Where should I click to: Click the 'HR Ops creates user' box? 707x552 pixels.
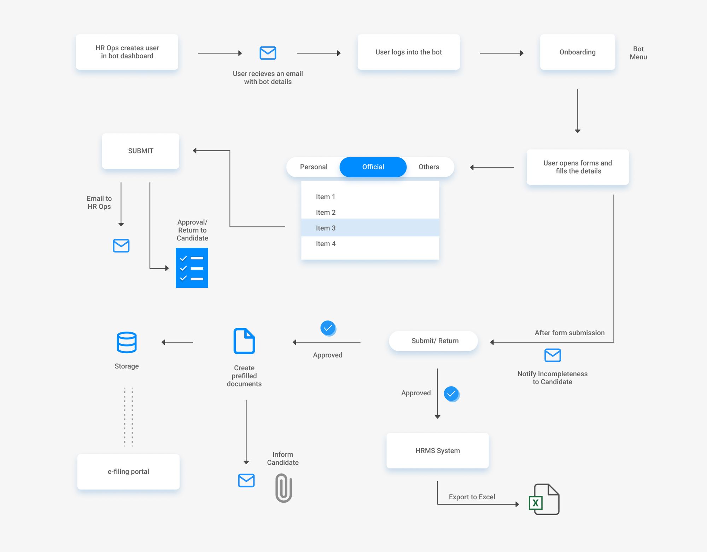tap(127, 52)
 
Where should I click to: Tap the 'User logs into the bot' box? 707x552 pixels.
tap(408, 52)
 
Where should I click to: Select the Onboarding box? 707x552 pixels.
tap(577, 52)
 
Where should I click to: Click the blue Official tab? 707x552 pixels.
tap(373, 167)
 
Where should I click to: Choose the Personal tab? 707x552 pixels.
tap(314, 167)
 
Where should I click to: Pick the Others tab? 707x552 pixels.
tap(429, 167)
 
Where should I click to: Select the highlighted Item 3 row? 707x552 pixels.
tap(370, 228)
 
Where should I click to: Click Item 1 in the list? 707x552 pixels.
tap(326, 197)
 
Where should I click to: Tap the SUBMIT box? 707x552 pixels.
tap(140, 151)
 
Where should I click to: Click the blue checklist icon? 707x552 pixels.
tap(192, 268)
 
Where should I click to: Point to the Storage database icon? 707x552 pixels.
tap(127, 342)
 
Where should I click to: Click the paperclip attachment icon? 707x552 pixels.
tap(284, 488)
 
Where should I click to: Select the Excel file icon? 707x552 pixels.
tap(544, 499)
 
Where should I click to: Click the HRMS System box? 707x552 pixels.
tap(437, 451)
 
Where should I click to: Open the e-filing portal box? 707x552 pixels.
tap(128, 471)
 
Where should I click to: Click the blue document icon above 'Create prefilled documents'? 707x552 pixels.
tap(244, 341)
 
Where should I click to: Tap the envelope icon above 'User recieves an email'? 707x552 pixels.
tap(268, 53)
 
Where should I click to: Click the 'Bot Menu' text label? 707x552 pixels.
tap(638, 53)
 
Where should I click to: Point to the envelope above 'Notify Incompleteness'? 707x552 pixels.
tap(553, 355)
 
